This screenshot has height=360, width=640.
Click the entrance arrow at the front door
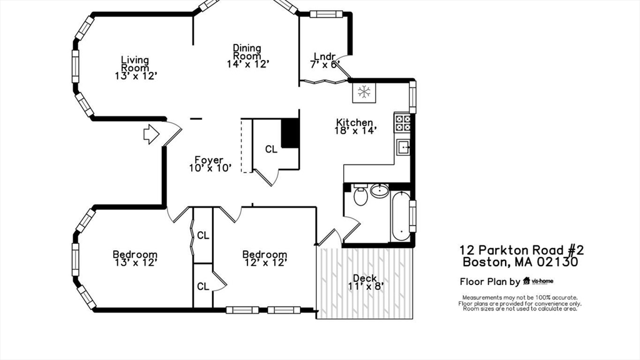[x=151, y=134]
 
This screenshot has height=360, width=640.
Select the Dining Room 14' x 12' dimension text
[x=247, y=64]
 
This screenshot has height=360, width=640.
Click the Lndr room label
[x=325, y=56]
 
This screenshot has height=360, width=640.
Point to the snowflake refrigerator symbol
[x=362, y=92]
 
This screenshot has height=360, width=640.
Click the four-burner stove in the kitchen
[x=402, y=122]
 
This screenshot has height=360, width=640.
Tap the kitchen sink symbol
[x=403, y=148]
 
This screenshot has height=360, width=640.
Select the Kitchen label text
[x=354, y=122]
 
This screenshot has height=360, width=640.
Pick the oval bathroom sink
[x=379, y=191]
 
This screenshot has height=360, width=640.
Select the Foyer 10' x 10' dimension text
[x=210, y=168]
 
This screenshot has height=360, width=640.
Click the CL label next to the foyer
[x=271, y=149]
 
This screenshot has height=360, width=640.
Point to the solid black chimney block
[x=290, y=132]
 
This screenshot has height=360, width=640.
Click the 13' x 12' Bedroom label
[x=134, y=259]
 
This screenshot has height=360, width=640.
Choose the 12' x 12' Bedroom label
[x=264, y=259]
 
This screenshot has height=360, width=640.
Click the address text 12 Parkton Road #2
[x=521, y=250]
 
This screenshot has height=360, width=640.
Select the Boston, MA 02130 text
[x=519, y=262]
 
